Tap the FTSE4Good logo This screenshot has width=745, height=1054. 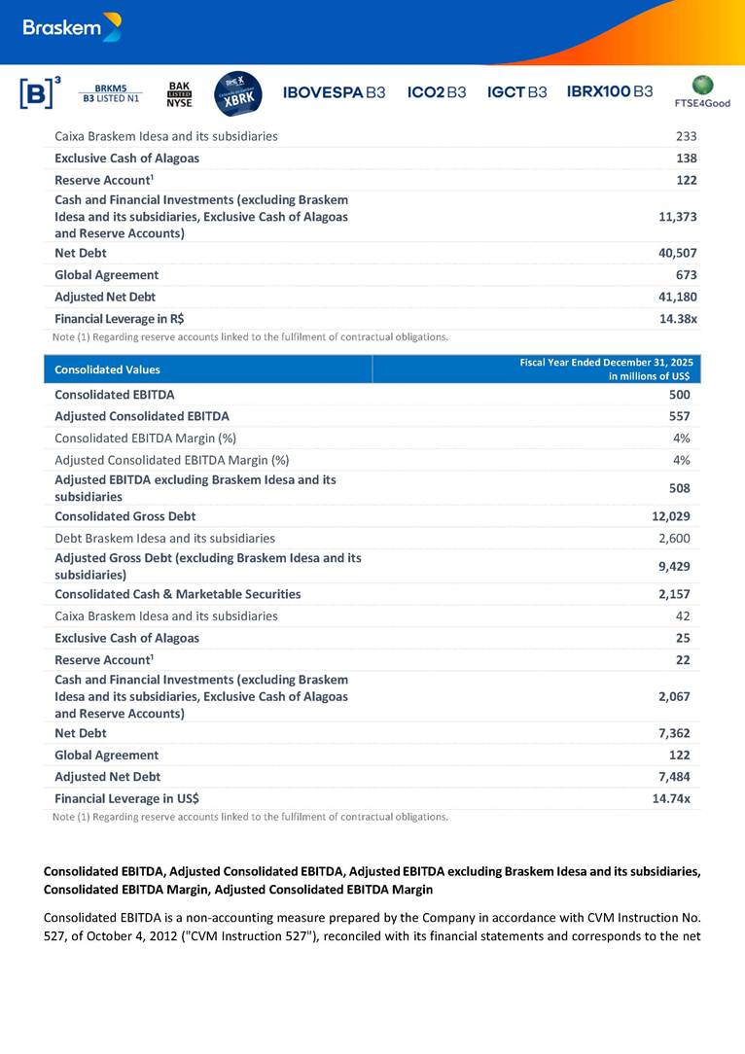point(701,91)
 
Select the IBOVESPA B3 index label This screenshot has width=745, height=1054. point(334,92)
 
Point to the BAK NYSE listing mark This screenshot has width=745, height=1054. point(180,92)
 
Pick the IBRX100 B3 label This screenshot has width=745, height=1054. point(610,91)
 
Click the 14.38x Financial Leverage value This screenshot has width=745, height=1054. point(678,319)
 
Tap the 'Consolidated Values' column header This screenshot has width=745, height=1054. point(108,369)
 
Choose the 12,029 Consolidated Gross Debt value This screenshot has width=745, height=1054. point(670,516)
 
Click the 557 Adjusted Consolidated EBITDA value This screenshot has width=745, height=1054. point(679,416)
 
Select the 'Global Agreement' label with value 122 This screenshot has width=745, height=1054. point(106,755)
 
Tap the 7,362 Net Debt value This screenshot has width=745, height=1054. point(673,733)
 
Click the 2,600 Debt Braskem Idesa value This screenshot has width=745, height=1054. point(673,538)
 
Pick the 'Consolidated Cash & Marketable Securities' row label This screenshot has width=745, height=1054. point(177,594)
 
